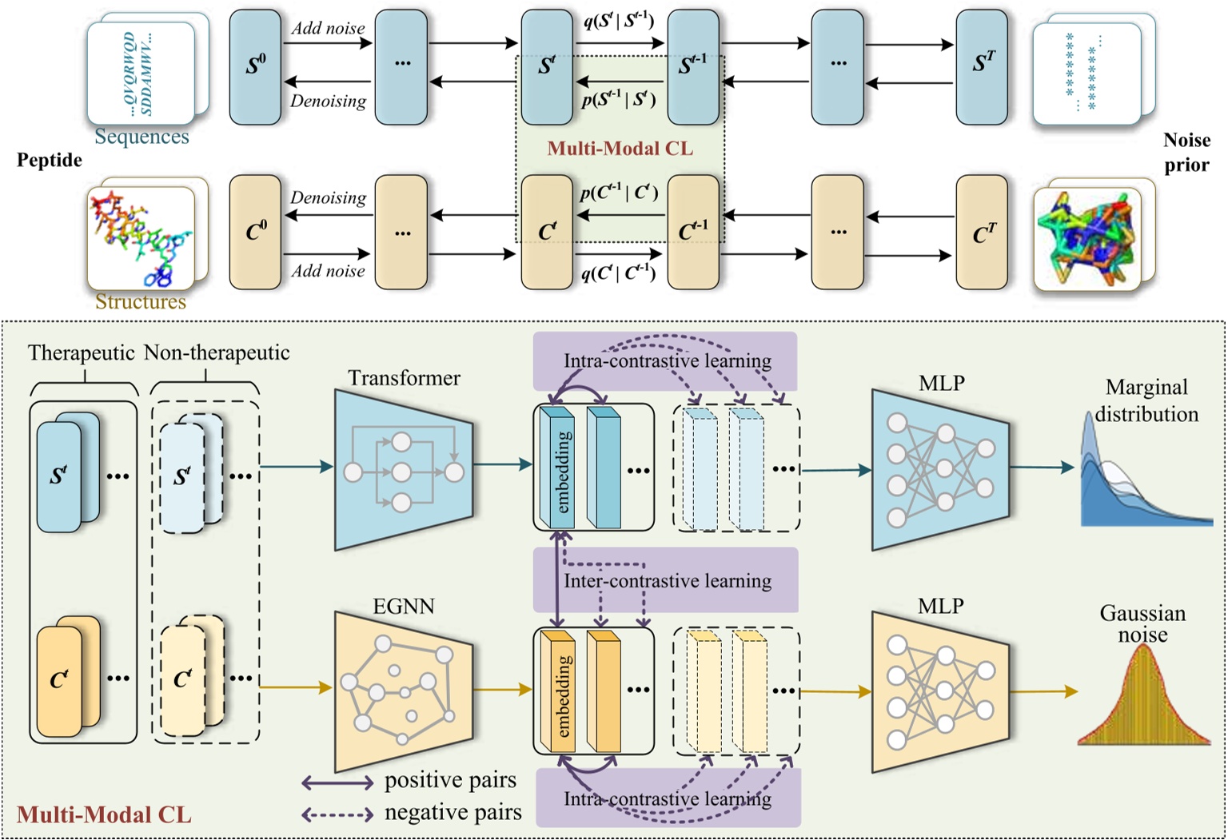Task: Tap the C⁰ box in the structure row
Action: pos(255,232)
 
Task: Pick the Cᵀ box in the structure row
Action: pos(983,233)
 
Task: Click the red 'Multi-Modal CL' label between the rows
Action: pos(620,149)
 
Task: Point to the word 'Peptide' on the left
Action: pos(50,160)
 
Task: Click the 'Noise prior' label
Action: pos(1186,152)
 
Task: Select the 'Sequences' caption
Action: pos(142,137)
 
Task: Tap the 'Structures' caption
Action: pos(141,301)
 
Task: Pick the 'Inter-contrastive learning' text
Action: pos(668,581)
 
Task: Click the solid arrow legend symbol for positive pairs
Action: pos(337,782)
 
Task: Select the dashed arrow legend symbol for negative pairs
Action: pos(337,814)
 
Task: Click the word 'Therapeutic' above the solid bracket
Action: pos(81,352)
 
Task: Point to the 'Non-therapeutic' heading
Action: pos(217,352)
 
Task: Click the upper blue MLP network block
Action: pos(940,471)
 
